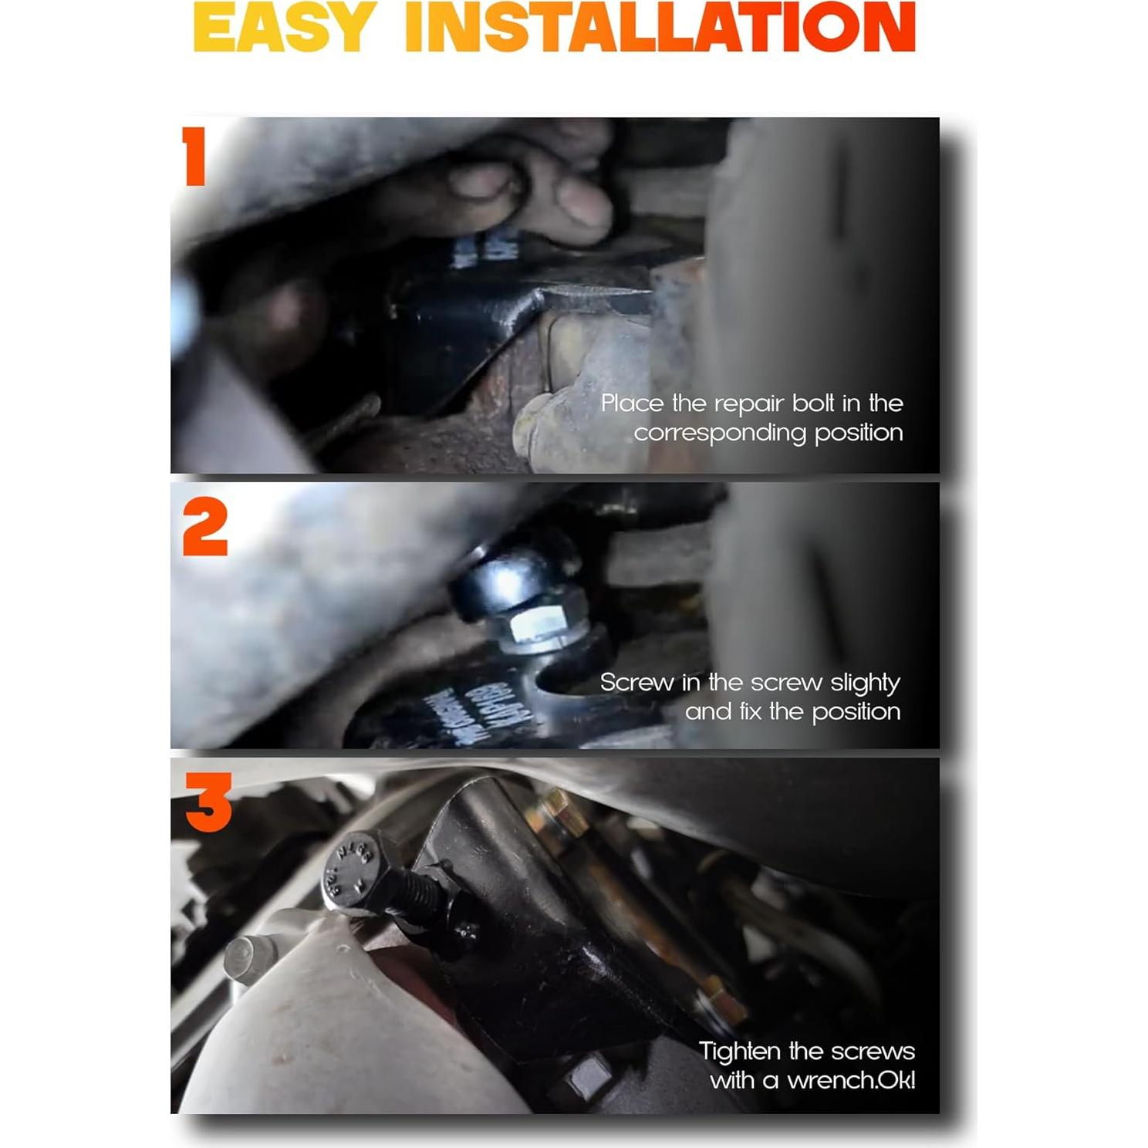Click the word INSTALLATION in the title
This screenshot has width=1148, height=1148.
[x=660, y=28]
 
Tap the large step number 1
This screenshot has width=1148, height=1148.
[x=194, y=156]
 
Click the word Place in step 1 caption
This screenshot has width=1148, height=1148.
[x=632, y=403]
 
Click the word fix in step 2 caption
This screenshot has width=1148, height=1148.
[x=750, y=711]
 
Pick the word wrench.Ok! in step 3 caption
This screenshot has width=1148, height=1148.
[x=850, y=1080]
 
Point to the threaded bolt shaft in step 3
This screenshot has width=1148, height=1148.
[x=417, y=895]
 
